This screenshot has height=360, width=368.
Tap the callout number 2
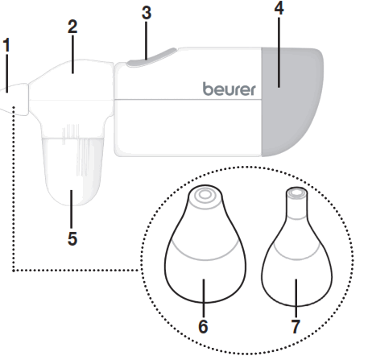72,25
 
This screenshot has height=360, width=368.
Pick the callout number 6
203,327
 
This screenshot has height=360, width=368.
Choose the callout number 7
296,327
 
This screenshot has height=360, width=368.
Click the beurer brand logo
229,89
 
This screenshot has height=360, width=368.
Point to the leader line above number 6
203,298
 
